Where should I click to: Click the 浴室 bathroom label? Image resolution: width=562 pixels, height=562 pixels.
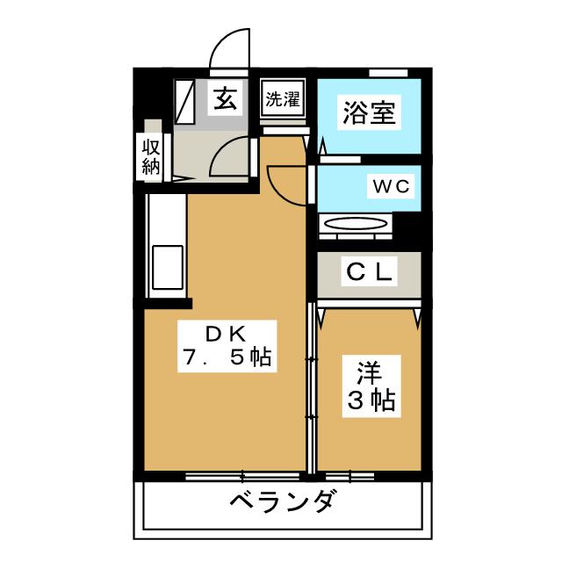click(369, 112)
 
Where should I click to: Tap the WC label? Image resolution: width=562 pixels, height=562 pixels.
click(391, 186)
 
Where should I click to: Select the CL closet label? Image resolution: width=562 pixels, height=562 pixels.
click(369, 271)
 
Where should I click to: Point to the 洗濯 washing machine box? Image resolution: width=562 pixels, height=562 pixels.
click(283, 98)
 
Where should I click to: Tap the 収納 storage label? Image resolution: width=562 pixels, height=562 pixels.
click(150, 156)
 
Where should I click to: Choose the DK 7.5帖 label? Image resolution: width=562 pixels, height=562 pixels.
click(227, 346)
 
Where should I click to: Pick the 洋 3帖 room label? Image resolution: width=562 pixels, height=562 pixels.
click(371, 386)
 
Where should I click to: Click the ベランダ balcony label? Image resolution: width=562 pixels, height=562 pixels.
click(283, 501)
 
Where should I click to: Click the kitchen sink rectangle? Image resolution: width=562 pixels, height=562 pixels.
click(168, 267)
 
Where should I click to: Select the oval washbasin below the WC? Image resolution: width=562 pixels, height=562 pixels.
click(356, 224)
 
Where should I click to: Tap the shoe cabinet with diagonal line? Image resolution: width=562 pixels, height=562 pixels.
click(185, 102)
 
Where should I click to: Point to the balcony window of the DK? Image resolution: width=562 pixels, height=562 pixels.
click(242, 476)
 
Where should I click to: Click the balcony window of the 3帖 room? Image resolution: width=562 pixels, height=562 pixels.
click(349, 476)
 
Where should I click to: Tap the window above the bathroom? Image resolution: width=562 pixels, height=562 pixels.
click(388, 73)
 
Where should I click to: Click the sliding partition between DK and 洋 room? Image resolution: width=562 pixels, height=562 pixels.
click(311, 387)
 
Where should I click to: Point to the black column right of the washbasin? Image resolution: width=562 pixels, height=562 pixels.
click(407, 227)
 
